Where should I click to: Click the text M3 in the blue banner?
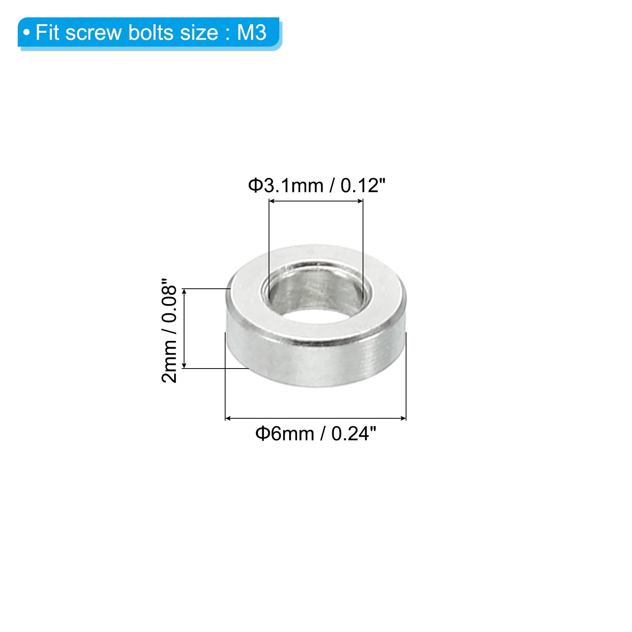point(252,32)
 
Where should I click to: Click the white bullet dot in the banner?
point(26,33)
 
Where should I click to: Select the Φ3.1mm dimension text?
point(286,186)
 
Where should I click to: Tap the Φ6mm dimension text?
point(285,434)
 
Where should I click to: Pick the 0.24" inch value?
point(354,433)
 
